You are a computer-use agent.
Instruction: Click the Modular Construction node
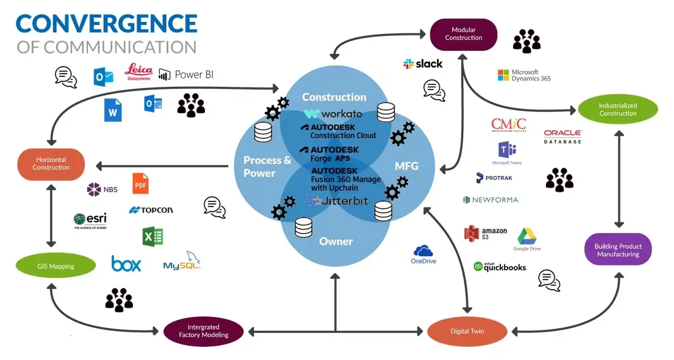pyautogui.click(x=463, y=34)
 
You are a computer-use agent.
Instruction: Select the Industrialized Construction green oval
pyautogui.click(x=617, y=110)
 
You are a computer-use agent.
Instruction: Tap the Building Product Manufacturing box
pyautogui.click(x=618, y=250)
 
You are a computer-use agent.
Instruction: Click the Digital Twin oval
pyautogui.click(x=467, y=331)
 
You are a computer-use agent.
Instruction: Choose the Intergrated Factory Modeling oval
pyautogui.click(x=203, y=331)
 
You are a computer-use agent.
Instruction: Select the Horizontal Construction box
pyautogui.click(x=51, y=164)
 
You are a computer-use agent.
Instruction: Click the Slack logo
pyautogui.click(x=423, y=64)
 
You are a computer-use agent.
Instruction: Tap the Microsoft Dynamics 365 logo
pyautogui.click(x=524, y=76)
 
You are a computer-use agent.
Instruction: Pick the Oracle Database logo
pyautogui.click(x=562, y=137)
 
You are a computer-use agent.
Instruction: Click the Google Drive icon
pyautogui.click(x=527, y=239)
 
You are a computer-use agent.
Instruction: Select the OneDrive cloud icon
pyautogui.click(x=424, y=254)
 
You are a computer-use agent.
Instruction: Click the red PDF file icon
pyautogui.click(x=140, y=183)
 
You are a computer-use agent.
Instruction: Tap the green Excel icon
pyautogui.click(x=152, y=236)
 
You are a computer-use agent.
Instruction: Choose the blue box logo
pyautogui.click(x=126, y=263)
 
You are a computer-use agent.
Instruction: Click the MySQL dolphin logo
pyautogui.click(x=182, y=261)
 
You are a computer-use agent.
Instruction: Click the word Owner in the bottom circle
pyautogui.click(x=336, y=241)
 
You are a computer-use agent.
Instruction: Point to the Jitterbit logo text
pyautogui.click(x=337, y=201)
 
